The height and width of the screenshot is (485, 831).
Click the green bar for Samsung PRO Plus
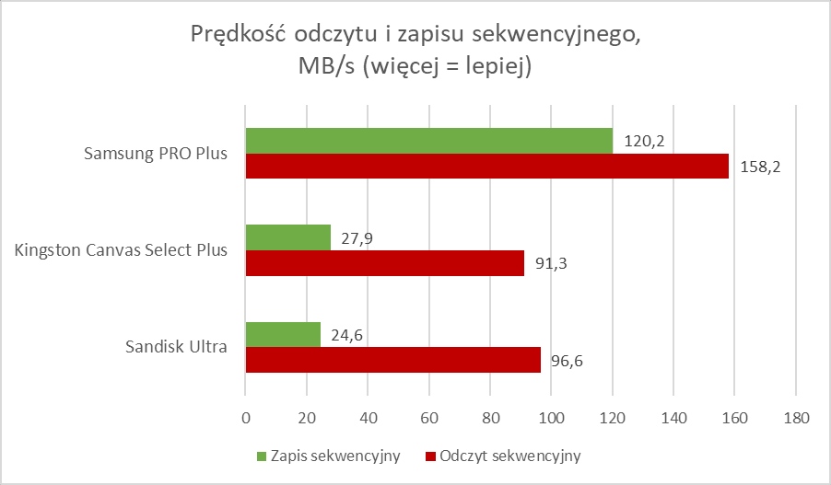coord(428,141)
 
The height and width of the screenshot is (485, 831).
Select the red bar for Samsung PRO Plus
coord(486,167)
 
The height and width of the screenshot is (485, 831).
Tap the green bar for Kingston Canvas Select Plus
coord(287,237)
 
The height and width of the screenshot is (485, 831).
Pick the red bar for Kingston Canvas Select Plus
coord(384,263)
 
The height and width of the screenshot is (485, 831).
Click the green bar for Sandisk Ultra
coord(282,334)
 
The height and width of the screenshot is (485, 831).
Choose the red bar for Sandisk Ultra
coord(392,360)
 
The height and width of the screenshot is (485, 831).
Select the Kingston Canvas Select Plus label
coord(122,250)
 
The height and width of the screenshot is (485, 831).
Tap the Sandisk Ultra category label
coord(176,347)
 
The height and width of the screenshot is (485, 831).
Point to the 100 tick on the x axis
coord(551,418)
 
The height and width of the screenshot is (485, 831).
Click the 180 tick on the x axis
coord(795,418)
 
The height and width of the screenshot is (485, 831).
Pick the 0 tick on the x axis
coord(245,418)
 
